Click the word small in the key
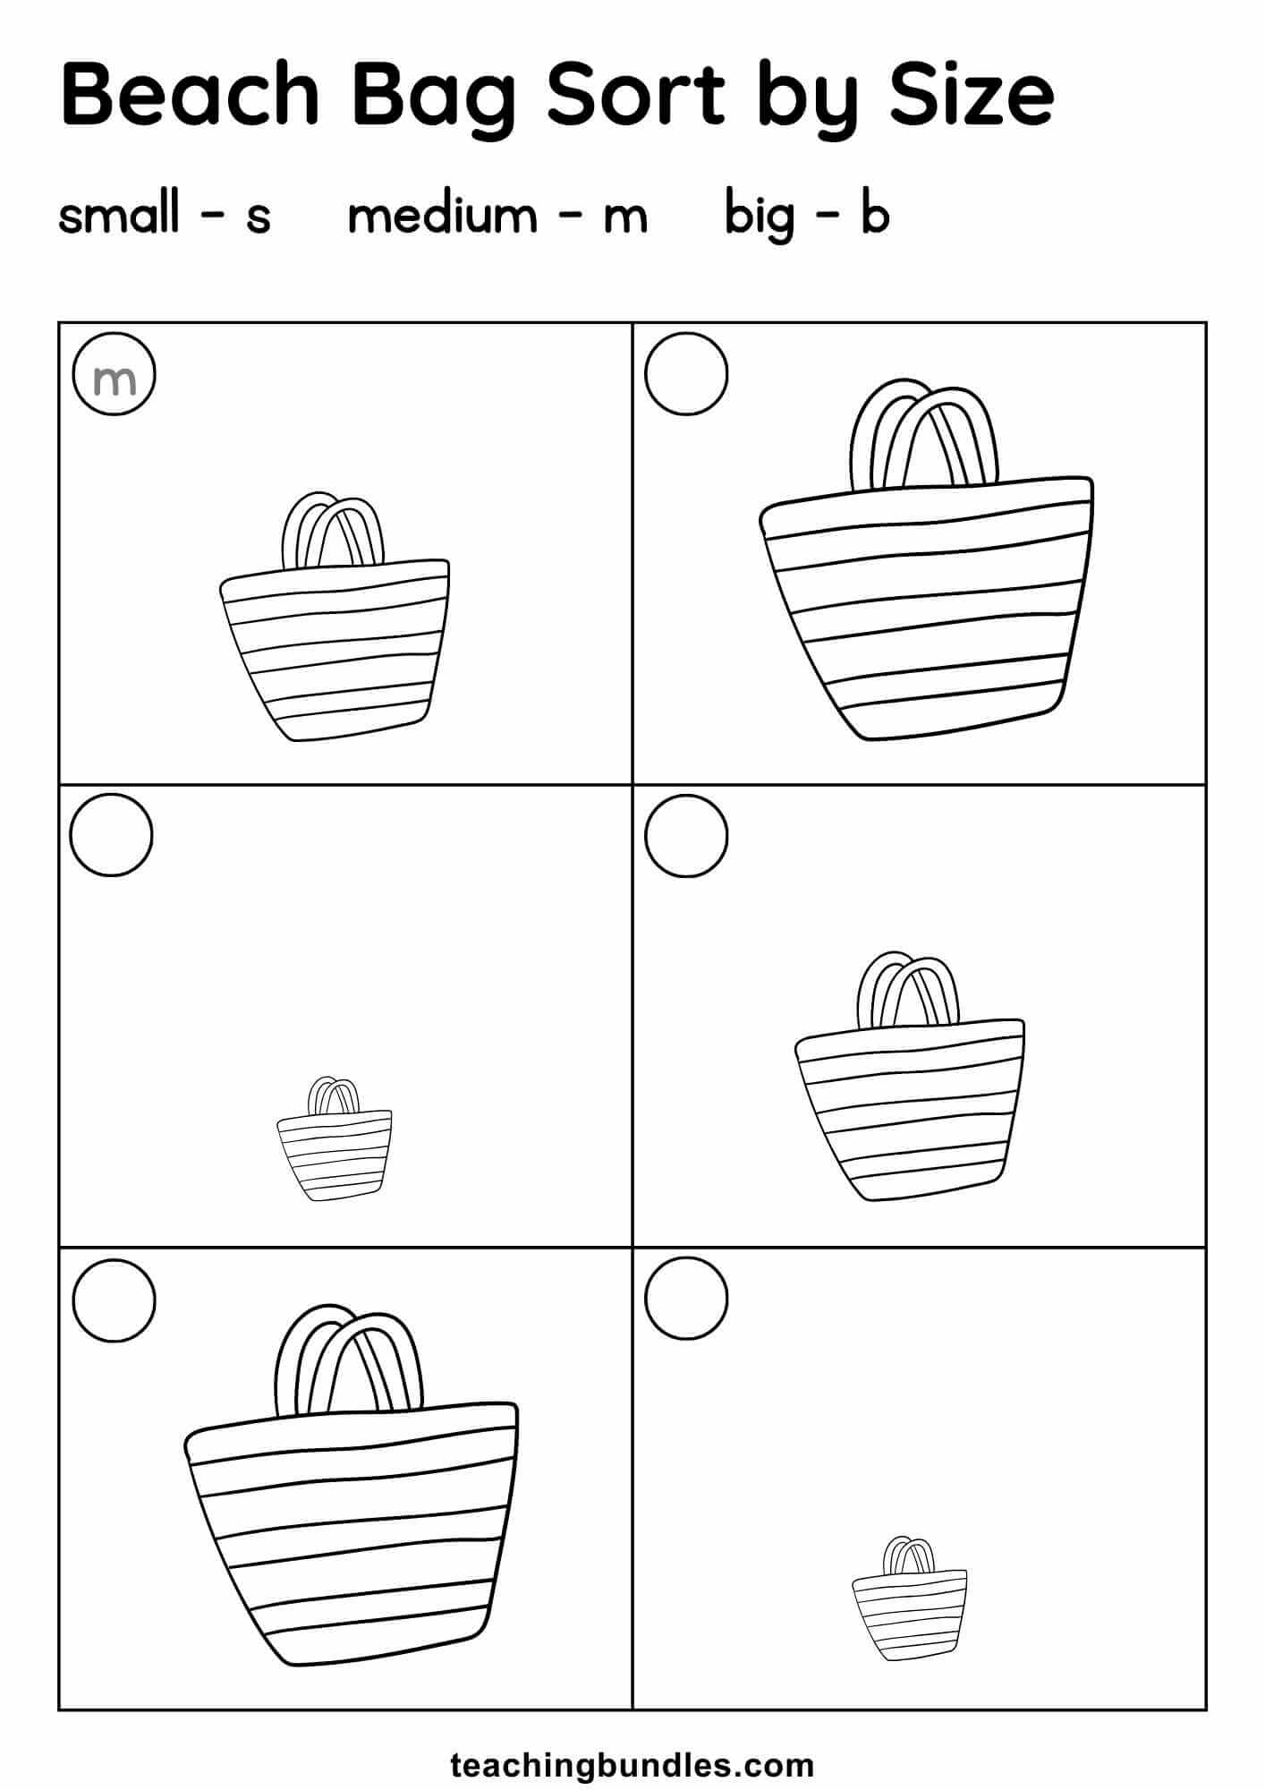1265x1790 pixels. pyautogui.click(x=119, y=215)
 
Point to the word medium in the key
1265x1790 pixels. pyautogui.click(x=442, y=215)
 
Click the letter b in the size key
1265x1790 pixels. pyautogui.click(x=875, y=215)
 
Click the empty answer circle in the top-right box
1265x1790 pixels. pyautogui.click(x=686, y=374)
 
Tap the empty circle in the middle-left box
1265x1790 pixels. pyautogui.click(x=111, y=835)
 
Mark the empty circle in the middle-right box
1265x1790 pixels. pyautogui.click(x=686, y=836)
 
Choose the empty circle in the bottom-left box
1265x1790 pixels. pyautogui.click(x=114, y=1300)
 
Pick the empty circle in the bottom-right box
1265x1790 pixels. pyautogui.click(x=686, y=1299)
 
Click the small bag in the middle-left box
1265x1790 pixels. pyautogui.click(x=335, y=1138)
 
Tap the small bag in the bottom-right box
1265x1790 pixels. pyautogui.click(x=910, y=1598)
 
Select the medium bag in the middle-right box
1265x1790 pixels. pyautogui.click(x=910, y=1076)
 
